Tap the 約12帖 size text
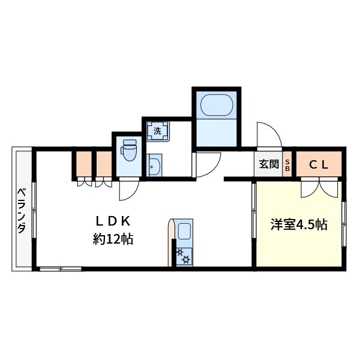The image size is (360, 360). click(x=112, y=239)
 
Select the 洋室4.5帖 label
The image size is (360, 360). click(x=298, y=225)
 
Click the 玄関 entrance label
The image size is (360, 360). click(x=268, y=164)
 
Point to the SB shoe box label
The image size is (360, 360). click(x=287, y=164)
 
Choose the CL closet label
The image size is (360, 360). click(x=318, y=164)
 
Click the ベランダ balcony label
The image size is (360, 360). click(x=22, y=211)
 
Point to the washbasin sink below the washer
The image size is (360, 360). click(x=154, y=165)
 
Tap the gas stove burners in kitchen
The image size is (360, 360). click(x=183, y=256)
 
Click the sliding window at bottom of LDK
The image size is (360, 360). click(x=60, y=269)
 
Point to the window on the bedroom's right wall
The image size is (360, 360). click(x=344, y=224)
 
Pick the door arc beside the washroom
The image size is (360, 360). click(x=207, y=164)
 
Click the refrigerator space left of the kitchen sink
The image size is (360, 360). click(x=171, y=242)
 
